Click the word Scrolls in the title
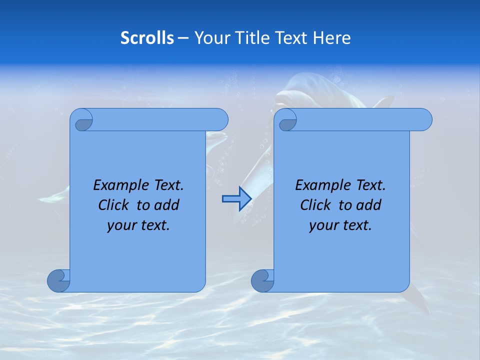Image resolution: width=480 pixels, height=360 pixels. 147,38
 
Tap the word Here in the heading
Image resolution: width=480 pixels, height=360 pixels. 332,38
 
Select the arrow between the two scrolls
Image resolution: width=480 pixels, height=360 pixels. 236,199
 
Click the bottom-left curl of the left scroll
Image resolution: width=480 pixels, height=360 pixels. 58,280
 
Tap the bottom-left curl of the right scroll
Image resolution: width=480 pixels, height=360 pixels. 262,280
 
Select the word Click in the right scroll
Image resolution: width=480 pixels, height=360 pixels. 315,205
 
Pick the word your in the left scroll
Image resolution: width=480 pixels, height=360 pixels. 120,225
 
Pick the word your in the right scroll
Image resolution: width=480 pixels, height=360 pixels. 322,225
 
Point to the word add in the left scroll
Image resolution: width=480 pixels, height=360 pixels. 167,205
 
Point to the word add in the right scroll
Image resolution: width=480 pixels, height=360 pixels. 369,205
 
